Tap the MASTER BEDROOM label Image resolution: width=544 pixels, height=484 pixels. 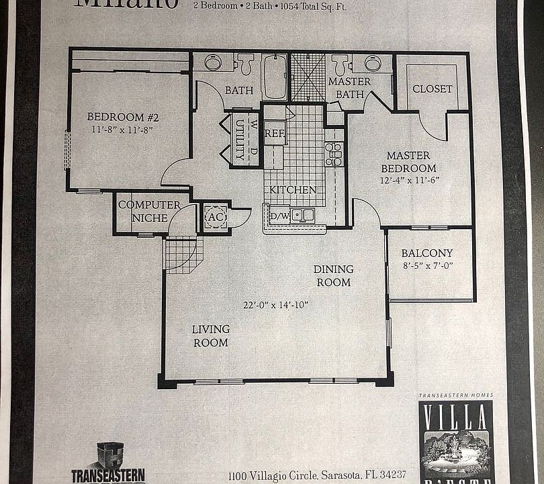tap(408, 162)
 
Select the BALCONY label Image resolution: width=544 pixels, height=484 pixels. tap(426, 253)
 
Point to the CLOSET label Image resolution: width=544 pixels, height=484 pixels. tap(432, 89)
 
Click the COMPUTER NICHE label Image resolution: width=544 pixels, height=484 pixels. tap(149, 211)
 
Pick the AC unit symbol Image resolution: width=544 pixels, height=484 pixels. tap(216, 218)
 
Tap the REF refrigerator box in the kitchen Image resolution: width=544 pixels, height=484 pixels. tap(275, 133)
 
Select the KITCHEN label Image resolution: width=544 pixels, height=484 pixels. tap(293, 190)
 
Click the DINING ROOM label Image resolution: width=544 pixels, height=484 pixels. tap(334, 276)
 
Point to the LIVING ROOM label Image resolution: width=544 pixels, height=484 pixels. tap(210, 335)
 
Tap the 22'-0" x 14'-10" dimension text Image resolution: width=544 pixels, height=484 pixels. tap(275, 305)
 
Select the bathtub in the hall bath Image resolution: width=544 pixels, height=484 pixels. tap(275, 77)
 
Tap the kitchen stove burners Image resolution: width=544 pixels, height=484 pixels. tap(333, 154)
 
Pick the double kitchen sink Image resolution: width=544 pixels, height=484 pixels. tap(302, 215)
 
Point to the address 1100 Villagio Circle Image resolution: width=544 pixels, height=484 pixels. tap(317, 475)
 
